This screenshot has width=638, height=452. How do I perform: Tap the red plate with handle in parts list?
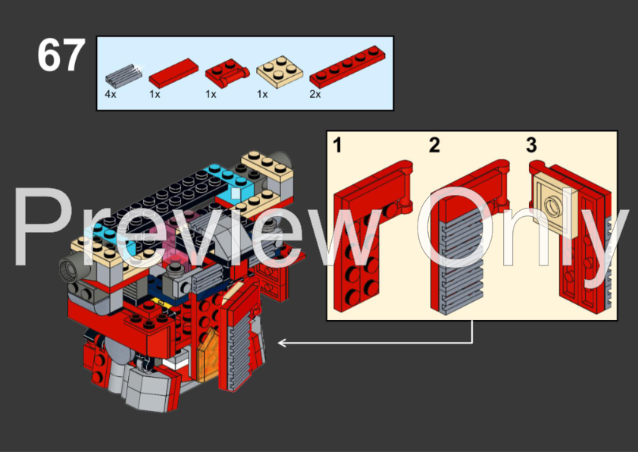click(225, 74)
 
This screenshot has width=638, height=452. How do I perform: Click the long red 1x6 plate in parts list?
click(345, 73)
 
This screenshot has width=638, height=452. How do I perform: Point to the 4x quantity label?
click(110, 95)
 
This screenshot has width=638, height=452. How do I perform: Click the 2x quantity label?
click(314, 95)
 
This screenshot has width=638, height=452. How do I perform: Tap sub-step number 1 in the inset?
click(337, 144)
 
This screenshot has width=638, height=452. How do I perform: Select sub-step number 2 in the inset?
click(434, 144)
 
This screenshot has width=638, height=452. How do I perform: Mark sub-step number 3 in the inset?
click(531, 144)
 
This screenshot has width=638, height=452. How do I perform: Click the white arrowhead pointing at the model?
click(282, 343)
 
